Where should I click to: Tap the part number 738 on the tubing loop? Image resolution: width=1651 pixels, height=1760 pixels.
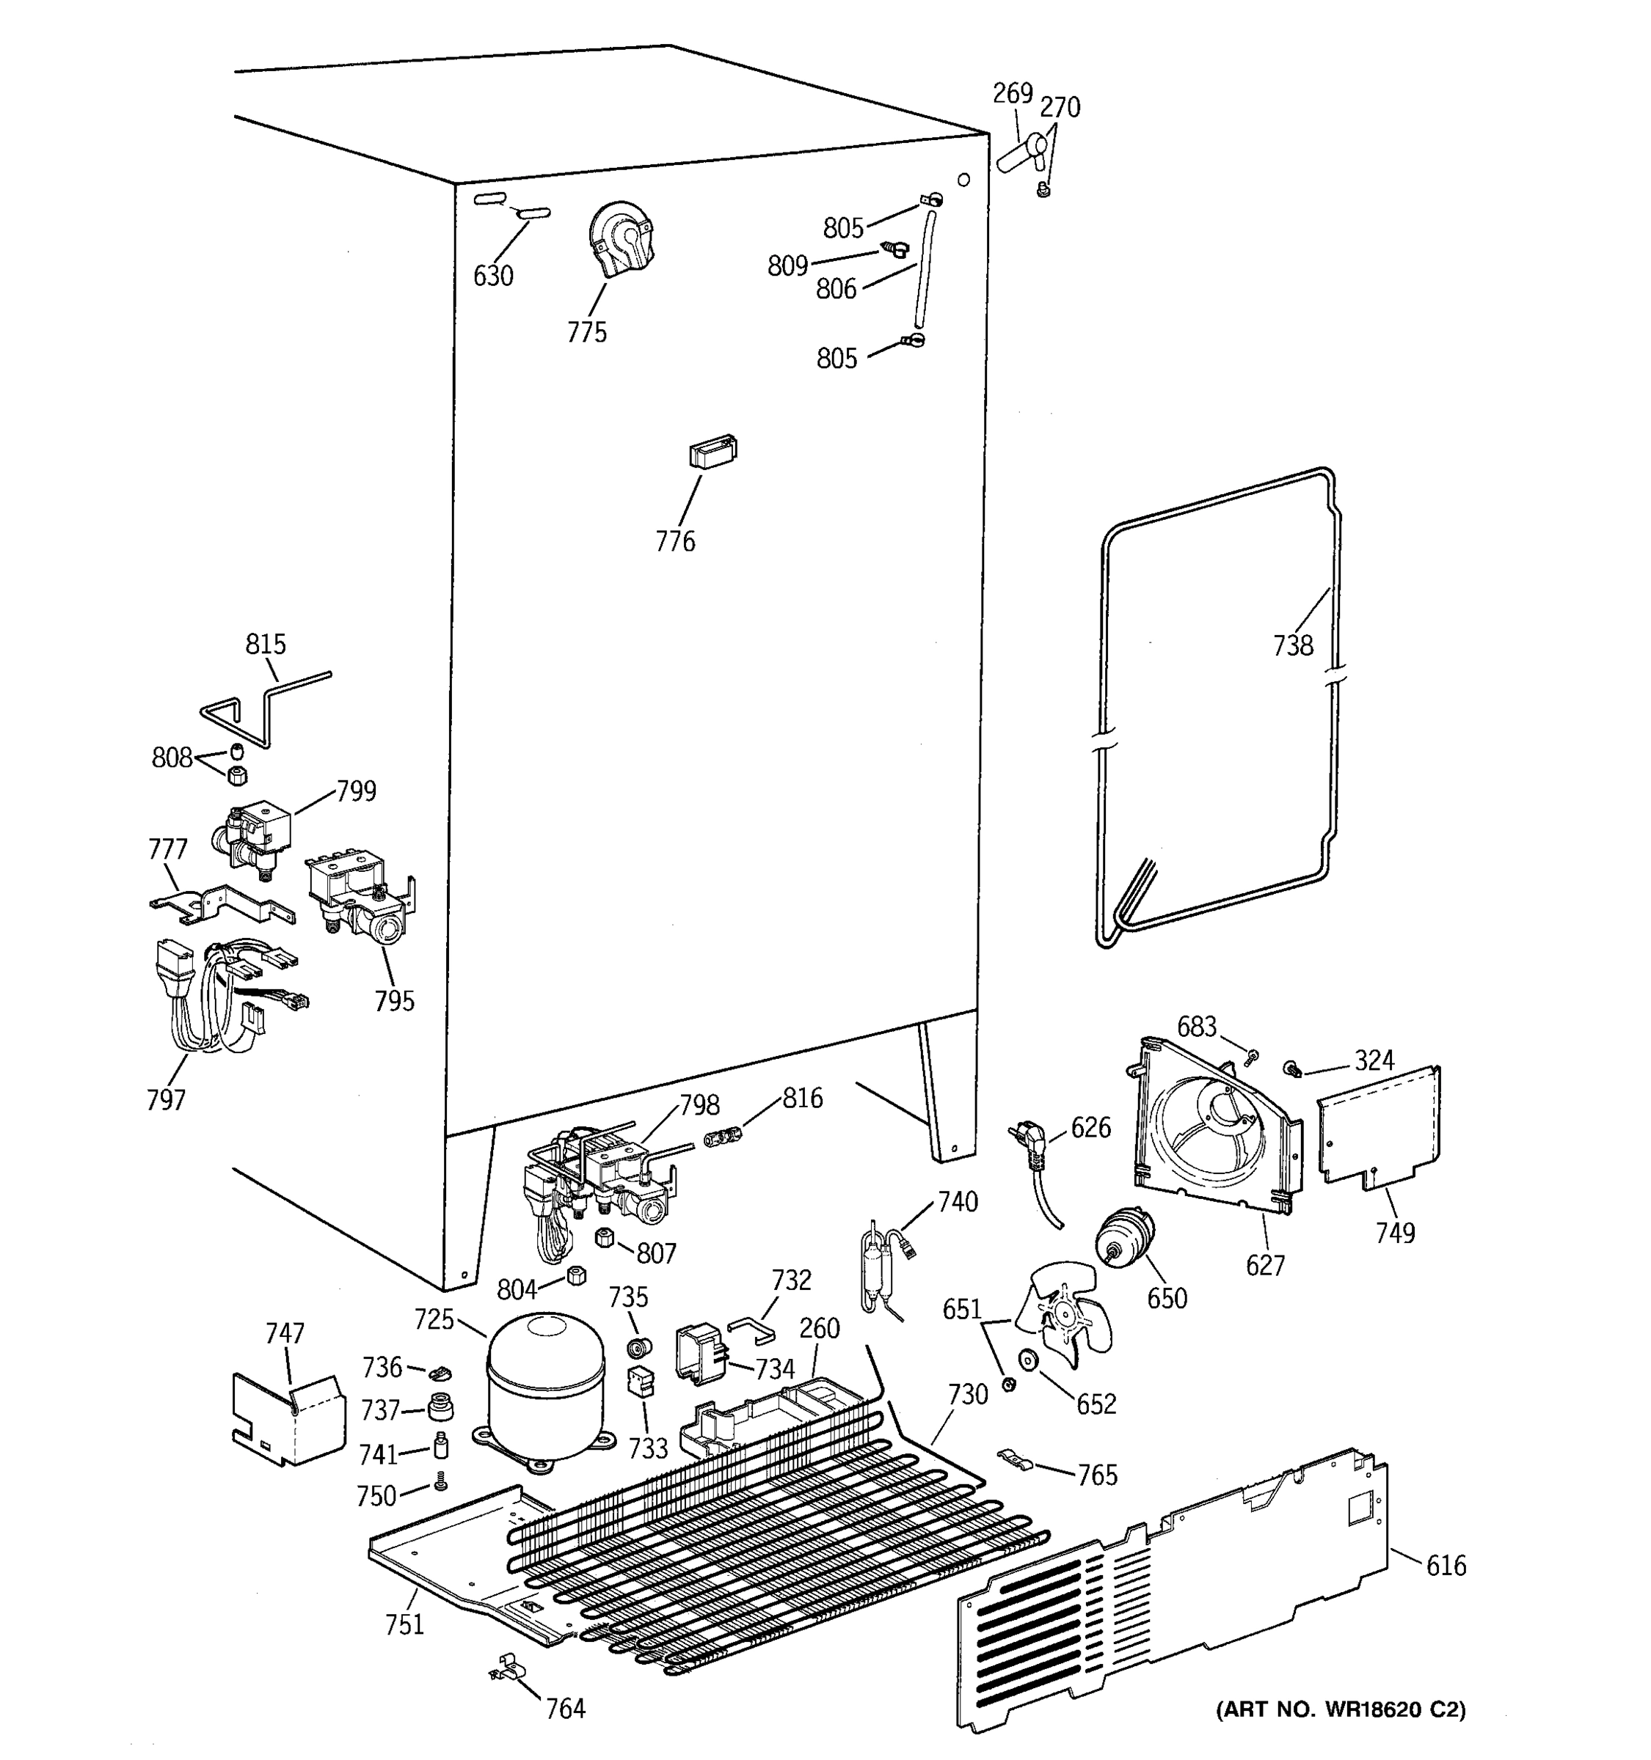tap(1292, 645)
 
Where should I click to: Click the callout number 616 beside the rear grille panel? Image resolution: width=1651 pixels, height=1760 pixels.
tap(1446, 1565)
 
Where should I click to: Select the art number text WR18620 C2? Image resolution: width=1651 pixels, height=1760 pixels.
tap(1340, 1709)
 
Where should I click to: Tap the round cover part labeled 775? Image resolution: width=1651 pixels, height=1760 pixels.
tap(622, 240)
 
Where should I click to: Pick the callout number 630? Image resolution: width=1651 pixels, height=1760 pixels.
tap(492, 276)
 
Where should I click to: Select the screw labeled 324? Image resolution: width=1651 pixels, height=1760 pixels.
tap(1291, 1069)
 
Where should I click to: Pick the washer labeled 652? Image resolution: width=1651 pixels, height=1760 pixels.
tap(1028, 1360)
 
